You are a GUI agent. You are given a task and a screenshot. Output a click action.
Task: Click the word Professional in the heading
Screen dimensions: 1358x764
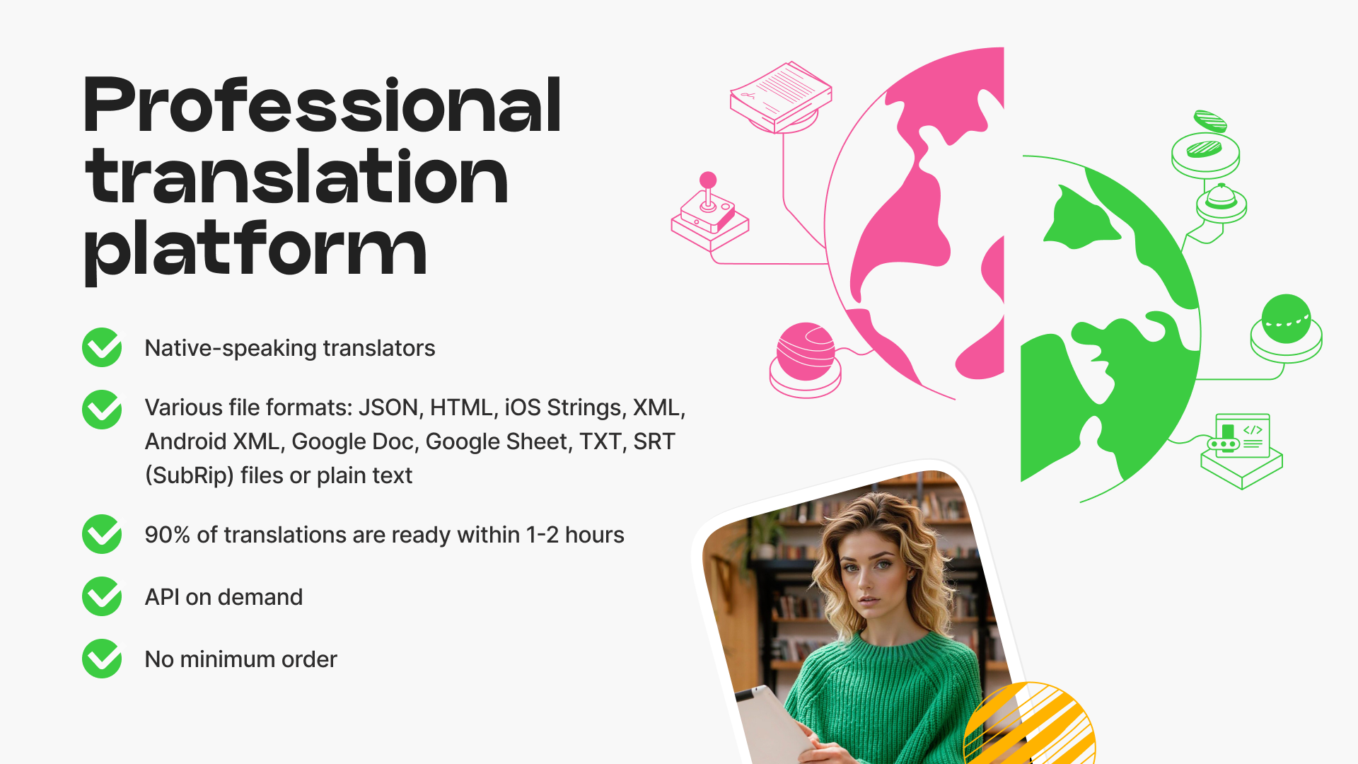point(323,105)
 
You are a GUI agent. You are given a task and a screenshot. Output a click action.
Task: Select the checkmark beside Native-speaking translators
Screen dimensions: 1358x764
point(102,347)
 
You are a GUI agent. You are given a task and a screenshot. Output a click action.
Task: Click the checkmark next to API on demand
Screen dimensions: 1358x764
point(102,596)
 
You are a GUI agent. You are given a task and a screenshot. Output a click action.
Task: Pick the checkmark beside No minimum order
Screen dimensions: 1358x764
point(102,659)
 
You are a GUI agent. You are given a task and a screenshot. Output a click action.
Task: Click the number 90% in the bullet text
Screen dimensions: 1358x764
point(168,535)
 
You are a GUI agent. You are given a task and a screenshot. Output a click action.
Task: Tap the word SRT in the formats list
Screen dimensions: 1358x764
point(654,441)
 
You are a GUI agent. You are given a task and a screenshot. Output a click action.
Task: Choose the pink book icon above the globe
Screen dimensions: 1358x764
point(781,97)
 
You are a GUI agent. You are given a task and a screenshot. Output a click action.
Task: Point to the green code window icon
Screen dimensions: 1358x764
point(1242,451)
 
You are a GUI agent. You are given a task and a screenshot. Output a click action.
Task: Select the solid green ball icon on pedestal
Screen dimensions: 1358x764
point(1287,328)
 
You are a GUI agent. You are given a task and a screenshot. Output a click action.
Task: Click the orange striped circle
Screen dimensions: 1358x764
point(1030,724)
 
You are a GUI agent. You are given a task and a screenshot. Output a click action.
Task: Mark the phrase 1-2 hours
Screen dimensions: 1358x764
point(575,535)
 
